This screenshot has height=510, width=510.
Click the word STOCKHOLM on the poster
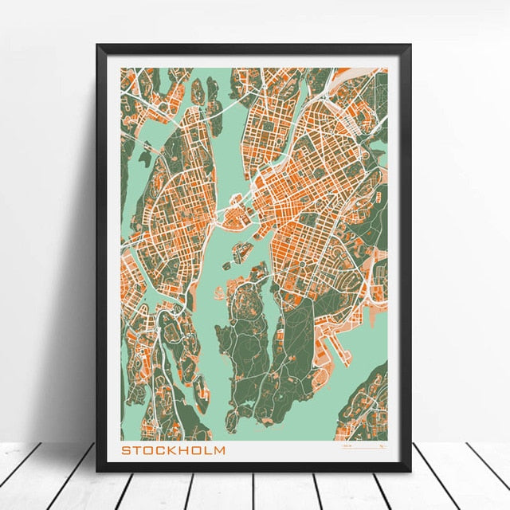[173, 450]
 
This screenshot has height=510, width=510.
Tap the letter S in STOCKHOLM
[126, 450]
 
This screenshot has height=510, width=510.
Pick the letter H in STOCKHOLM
[183, 450]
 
